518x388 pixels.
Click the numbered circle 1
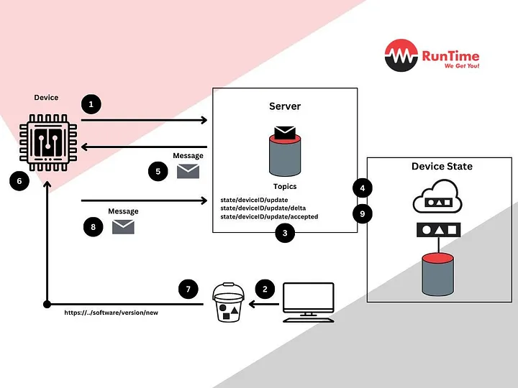[x=91, y=104]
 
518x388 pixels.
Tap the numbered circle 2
[x=265, y=290]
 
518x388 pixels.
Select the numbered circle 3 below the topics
[x=286, y=233]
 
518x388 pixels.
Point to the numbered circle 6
[x=19, y=181]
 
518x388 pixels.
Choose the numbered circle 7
[x=188, y=290]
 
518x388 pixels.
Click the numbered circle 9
[x=363, y=213]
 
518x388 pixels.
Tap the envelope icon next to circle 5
[x=188, y=171]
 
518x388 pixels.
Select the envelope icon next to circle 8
[x=123, y=227]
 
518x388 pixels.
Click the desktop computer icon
[x=309, y=301]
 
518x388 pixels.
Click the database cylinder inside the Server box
[x=285, y=153]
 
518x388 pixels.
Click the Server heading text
[x=285, y=106]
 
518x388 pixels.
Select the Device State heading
[x=442, y=167]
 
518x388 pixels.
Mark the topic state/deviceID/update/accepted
[x=269, y=216]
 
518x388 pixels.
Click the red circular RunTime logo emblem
[x=401, y=56]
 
